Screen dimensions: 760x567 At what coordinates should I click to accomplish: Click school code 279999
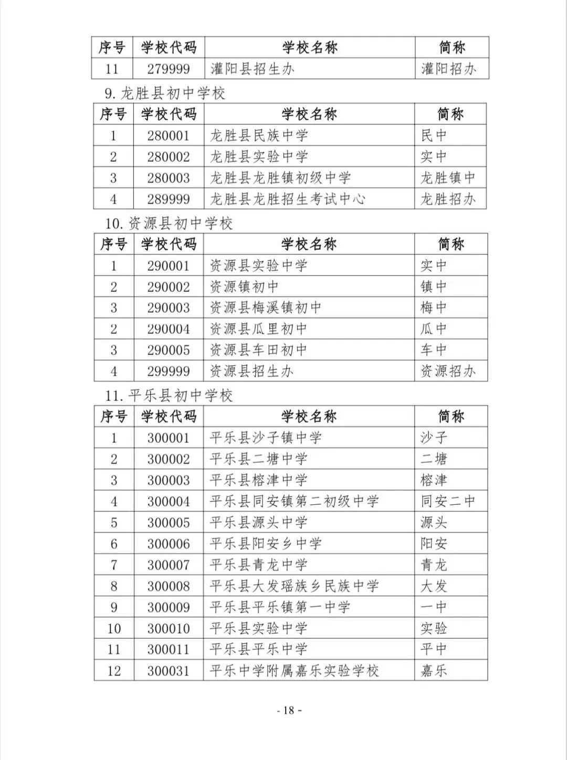[x=168, y=69]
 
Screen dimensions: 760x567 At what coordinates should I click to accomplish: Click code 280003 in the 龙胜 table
[x=168, y=178]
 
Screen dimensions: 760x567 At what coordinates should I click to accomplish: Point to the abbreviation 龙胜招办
[x=448, y=199]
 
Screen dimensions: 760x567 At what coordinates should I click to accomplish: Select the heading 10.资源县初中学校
[x=169, y=224]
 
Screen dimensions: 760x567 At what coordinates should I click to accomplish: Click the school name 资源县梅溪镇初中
[x=265, y=308]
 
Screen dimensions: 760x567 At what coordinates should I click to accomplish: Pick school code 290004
[x=168, y=329]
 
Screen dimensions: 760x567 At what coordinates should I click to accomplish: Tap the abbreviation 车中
[x=433, y=350]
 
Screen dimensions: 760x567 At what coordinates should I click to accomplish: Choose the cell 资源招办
[x=448, y=371]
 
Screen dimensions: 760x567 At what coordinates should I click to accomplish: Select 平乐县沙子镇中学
[x=265, y=438]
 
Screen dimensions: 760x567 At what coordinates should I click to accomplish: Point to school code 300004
[x=168, y=501]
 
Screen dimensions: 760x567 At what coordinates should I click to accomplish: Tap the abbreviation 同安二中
[x=448, y=501]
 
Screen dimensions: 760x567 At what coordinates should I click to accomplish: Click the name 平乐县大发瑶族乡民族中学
[x=294, y=586]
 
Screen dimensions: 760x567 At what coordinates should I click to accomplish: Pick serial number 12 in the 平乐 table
[x=114, y=671]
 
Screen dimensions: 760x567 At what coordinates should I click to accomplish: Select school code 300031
[x=168, y=671]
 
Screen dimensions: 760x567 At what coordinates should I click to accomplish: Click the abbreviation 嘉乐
[x=433, y=671]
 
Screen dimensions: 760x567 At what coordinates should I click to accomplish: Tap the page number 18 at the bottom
[x=289, y=711]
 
